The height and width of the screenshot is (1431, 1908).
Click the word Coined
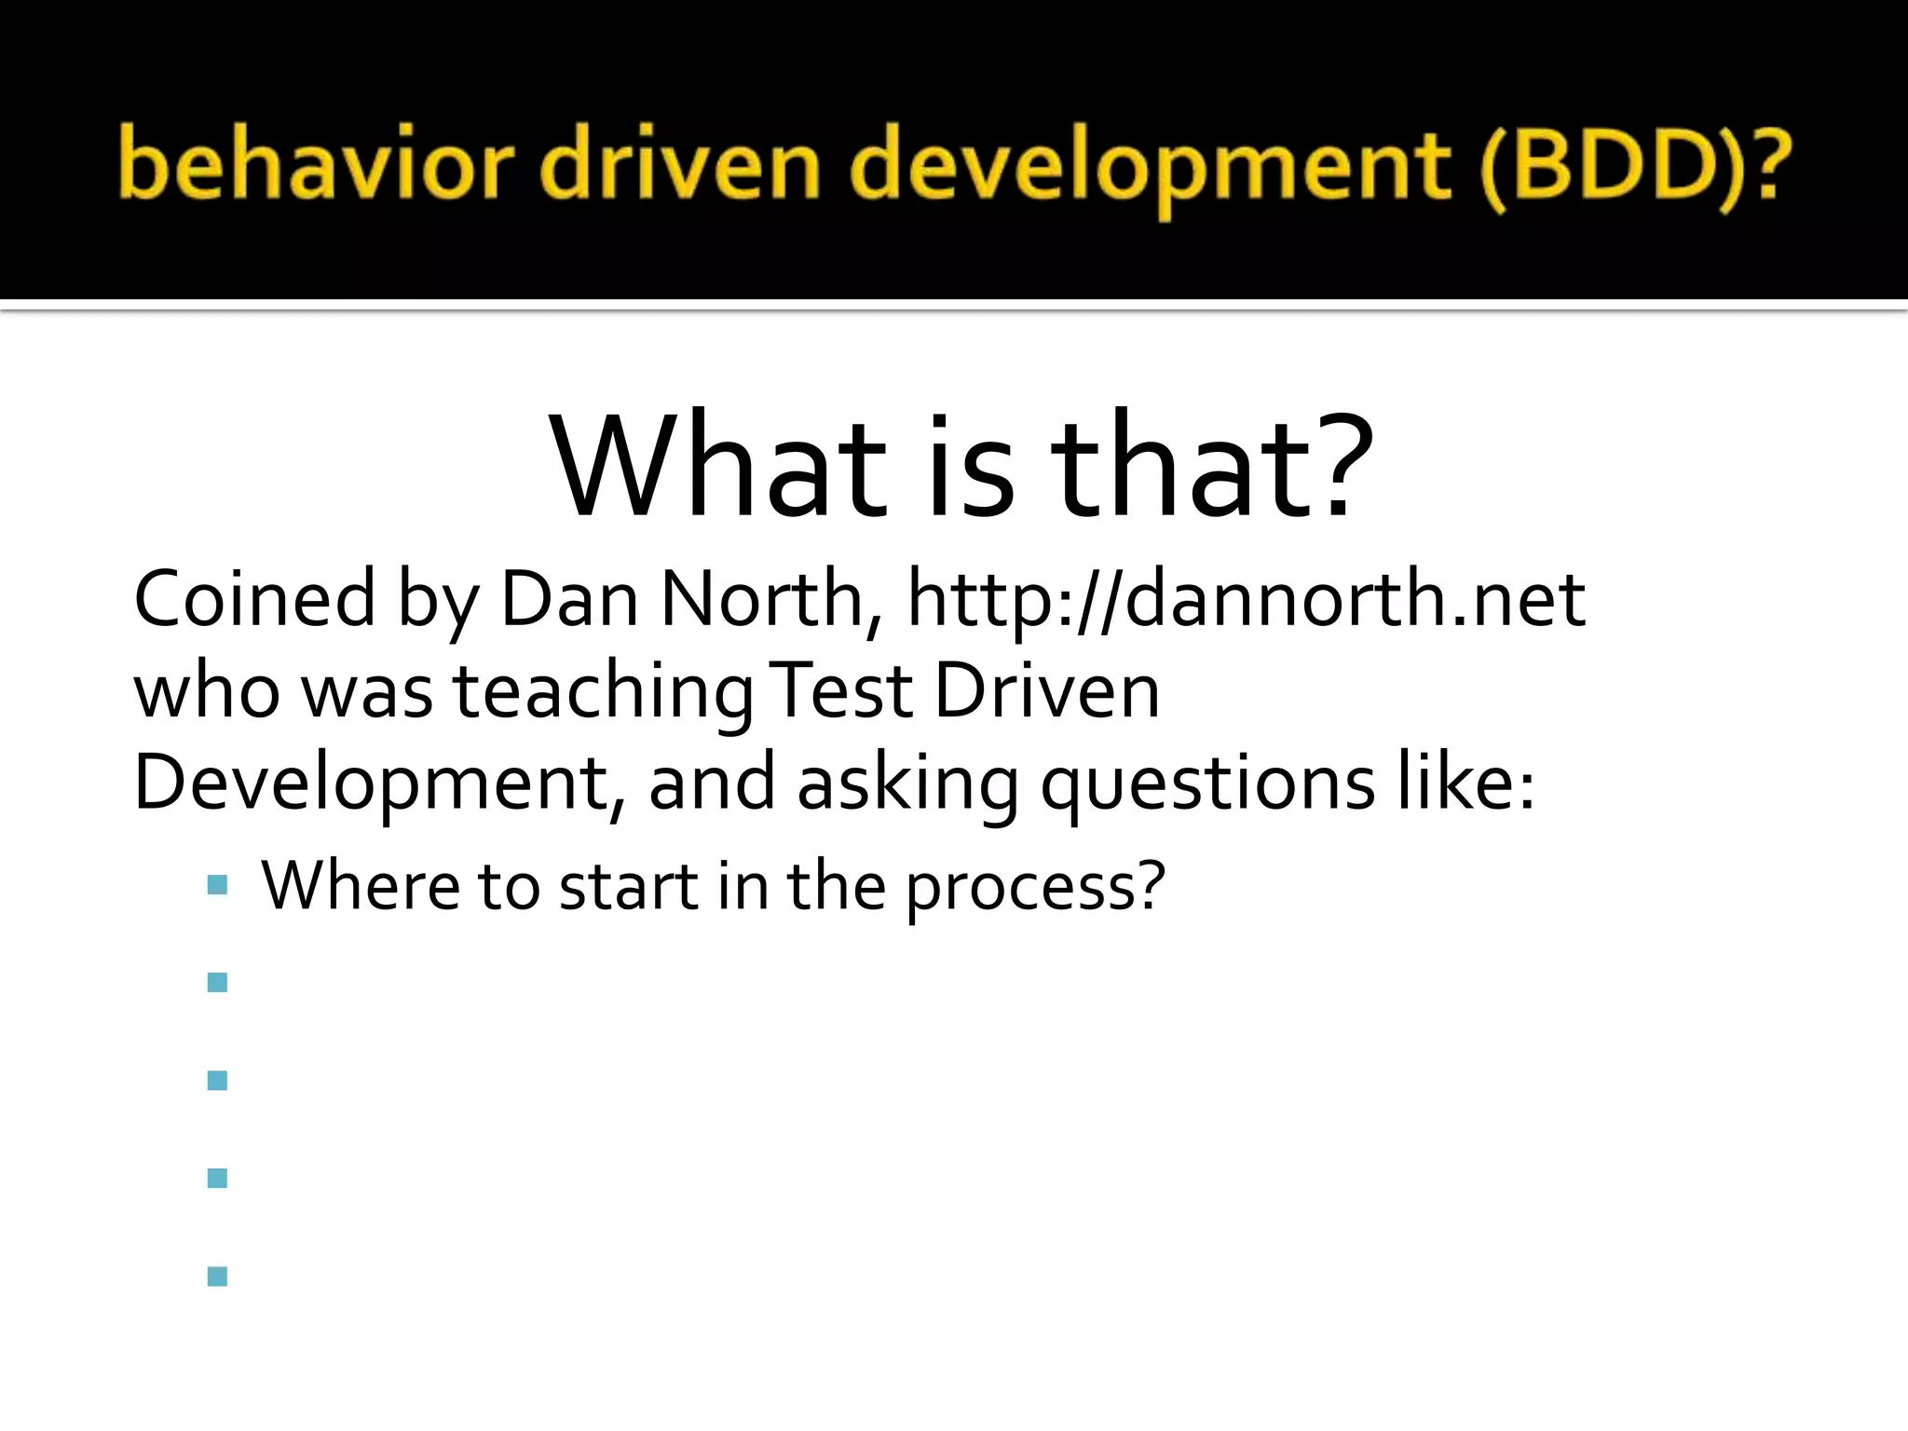(254, 598)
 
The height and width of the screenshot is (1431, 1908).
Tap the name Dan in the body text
(569, 598)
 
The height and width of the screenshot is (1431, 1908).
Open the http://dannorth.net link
(1246, 598)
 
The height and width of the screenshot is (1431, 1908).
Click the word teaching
(604, 691)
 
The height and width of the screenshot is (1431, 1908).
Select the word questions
(1206, 783)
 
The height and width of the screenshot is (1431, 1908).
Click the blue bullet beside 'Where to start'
(218, 885)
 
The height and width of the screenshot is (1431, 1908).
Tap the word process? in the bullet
(1035, 887)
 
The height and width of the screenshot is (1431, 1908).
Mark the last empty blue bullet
(218, 1276)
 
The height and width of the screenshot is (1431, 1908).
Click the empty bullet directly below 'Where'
(218, 983)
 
